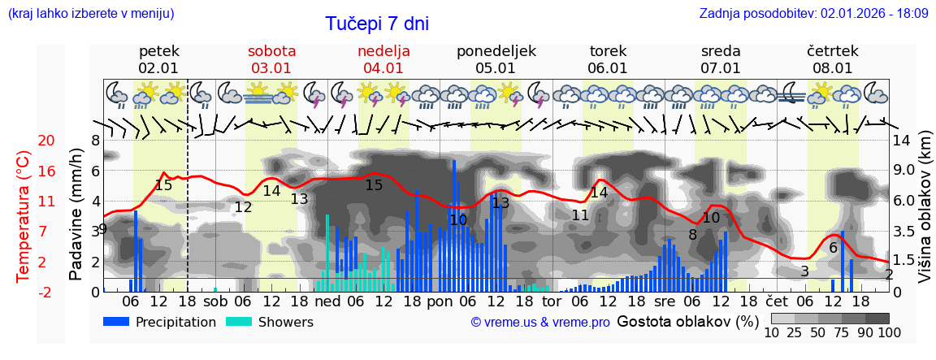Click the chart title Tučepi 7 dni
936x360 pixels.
(377, 24)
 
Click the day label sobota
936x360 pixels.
(271, 51)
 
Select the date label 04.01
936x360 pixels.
(383, 68)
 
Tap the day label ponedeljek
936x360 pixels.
(496, 51)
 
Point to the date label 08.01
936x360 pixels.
(833, 68)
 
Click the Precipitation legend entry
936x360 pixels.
(160, 322)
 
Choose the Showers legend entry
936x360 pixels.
(270, 322)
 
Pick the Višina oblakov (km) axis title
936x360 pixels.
(925, 216)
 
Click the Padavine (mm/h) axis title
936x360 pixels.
(76, 216)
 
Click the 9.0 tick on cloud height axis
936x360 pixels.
(902, 171)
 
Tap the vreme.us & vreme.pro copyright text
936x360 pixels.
(540, 323)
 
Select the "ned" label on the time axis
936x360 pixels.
(327, 301)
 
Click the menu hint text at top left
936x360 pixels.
(90, 14)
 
